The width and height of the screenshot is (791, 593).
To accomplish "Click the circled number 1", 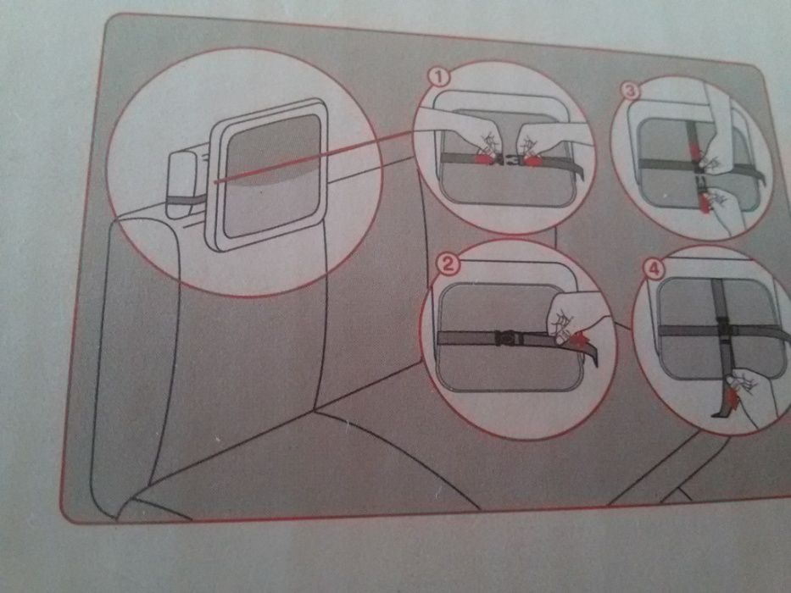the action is pyautogui.click(x=439, y=78).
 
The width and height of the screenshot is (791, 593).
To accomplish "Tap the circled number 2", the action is pyautogui.click(x=448, y=263).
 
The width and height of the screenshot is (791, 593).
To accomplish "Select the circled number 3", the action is pyautogui.click(x=631, y=91).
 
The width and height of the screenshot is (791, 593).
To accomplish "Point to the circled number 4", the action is pyautogui.click(x=654, y=269).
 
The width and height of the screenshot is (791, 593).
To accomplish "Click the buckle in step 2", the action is pyautogui.click(x=506, y=337).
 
